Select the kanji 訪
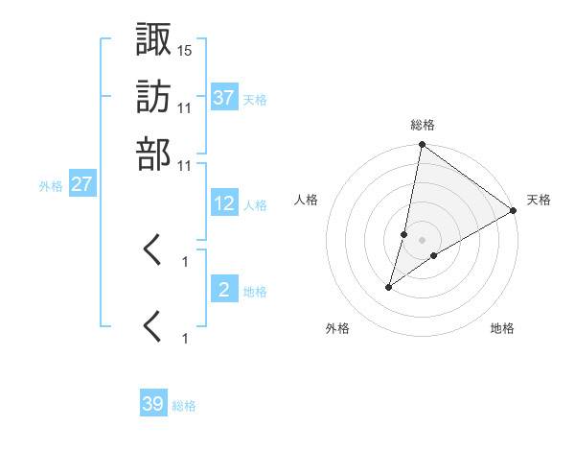tap(154, 97)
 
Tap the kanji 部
tap(154, 154)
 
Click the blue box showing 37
tap(224, 97)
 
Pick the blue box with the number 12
tap(224, 203)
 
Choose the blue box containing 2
tap(224, 290)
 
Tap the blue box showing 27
tap(81, 184)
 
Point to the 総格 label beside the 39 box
tap(184, 406)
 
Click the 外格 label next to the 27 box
tap(50, 186)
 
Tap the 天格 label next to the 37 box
tap(254, 99)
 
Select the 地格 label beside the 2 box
tap(254, 292)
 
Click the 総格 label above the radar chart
tap(423, 125)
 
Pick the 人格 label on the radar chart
tap(307, 200)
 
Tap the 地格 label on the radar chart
tap(502, 328)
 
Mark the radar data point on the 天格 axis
tap(514, 211)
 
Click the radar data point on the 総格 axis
tap(422, 146)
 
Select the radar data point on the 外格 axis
tap(389, 287)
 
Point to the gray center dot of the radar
tap(422, 239)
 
